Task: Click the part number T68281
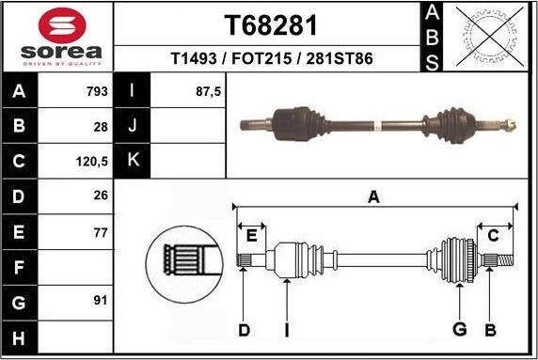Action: (271, 24)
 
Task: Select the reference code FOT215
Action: (273, 58)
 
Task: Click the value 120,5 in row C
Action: (92, 161)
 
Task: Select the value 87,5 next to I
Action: (207, 92)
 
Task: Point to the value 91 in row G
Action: (100, 301)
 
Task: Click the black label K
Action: (133, 161)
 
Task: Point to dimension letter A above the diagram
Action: (373, 196)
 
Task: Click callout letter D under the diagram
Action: (244, 330)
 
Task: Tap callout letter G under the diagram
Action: (460, 330)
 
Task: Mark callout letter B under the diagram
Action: (490, 330)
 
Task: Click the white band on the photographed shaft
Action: (375, 123)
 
